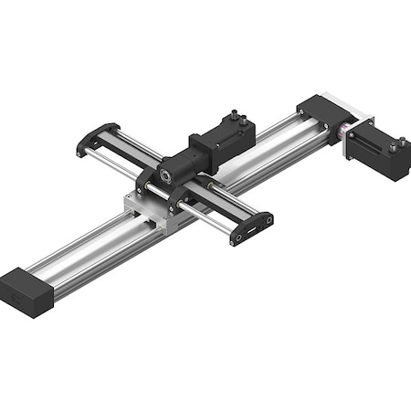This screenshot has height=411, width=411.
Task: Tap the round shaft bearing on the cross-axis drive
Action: point(166,173)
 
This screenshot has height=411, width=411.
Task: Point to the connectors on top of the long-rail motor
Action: point(398,143)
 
